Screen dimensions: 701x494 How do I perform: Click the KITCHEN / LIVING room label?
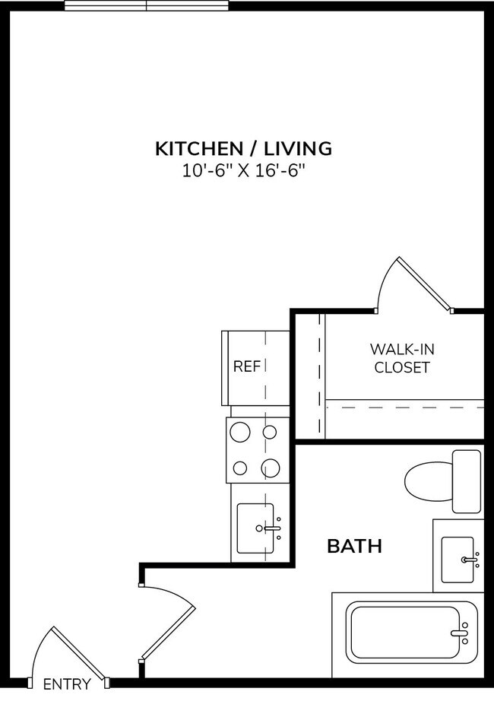click(243, 148)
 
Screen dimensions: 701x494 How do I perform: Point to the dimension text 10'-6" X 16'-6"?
click(243, 171)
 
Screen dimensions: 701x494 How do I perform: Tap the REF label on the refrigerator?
click(246, 366)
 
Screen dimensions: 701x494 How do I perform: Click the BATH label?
click(353, 546)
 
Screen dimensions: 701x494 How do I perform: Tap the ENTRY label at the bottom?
click(67, 684)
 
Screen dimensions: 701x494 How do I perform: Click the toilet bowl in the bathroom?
click(427, 481)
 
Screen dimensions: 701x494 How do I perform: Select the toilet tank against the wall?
click(466, 481)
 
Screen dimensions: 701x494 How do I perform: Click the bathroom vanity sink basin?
click(458, 560)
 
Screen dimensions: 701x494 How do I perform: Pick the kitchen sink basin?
click(255, 528)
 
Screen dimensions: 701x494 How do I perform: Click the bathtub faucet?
click(459, 632)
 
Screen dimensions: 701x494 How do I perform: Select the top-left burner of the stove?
click(240, 433)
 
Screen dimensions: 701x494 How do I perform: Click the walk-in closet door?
click(423, 283)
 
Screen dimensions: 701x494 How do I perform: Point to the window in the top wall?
click(146, 6)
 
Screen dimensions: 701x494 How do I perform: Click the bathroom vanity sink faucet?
click(470, 560)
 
